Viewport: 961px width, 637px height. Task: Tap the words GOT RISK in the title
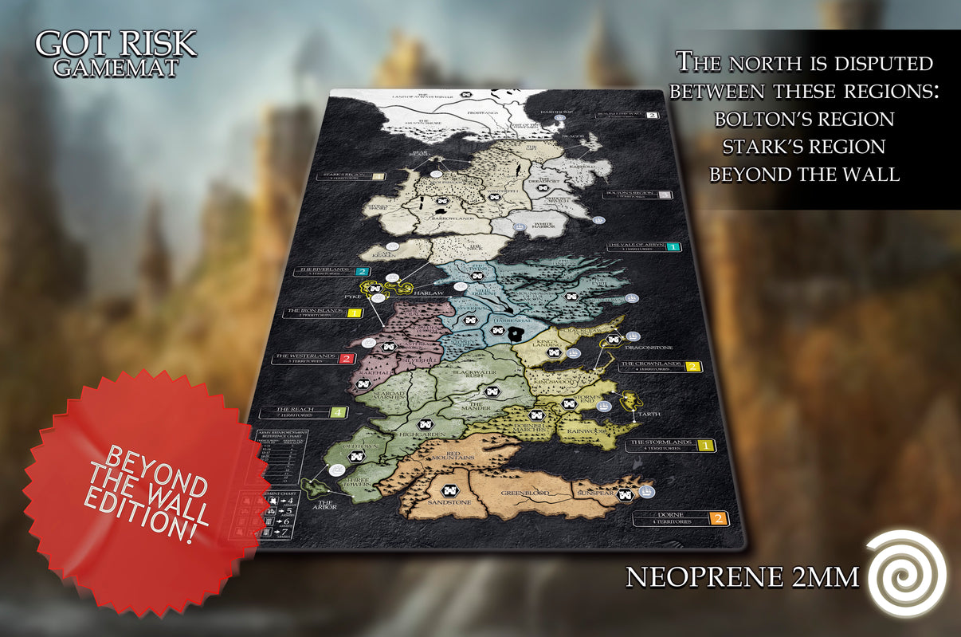[116, 44]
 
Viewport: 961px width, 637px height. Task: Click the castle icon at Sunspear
[626, 494]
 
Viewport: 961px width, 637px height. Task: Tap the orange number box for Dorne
[718, 519]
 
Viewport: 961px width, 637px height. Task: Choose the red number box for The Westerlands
[347, 358]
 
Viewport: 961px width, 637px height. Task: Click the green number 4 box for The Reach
[338, 412]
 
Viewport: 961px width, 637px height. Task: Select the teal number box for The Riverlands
[362, 272]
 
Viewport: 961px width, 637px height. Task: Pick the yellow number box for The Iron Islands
[354, 313]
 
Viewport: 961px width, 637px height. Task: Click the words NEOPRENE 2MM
[742, 576]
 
